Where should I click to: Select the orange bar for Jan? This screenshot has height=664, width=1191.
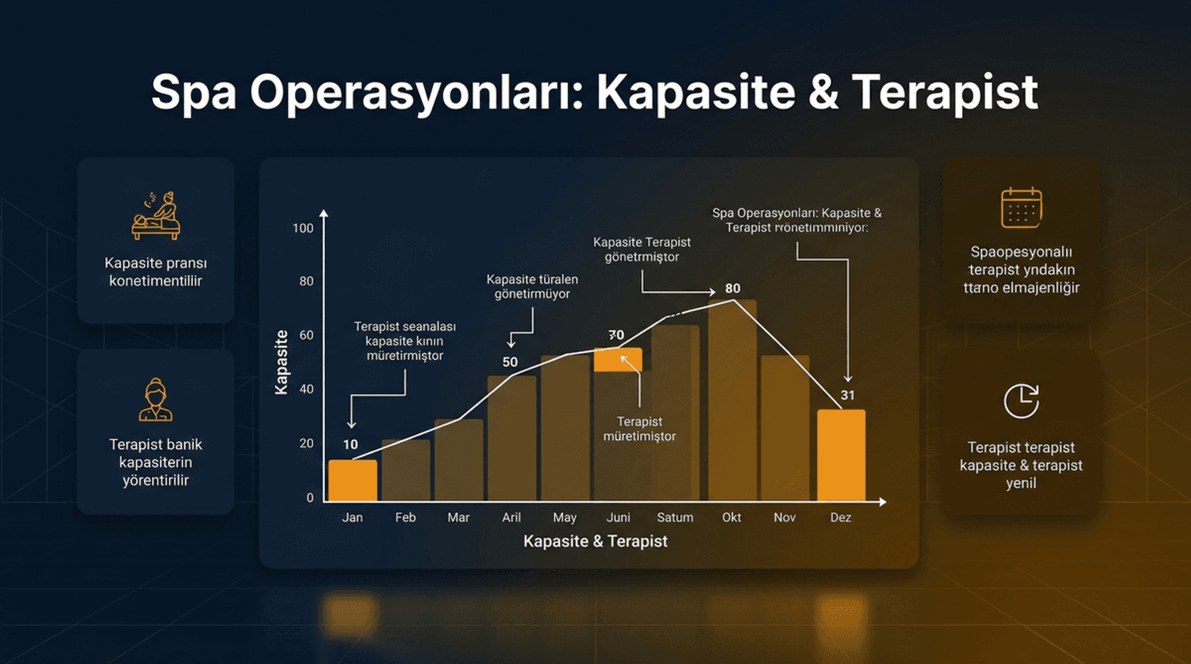352,480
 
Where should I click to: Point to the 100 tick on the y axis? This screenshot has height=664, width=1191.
303,228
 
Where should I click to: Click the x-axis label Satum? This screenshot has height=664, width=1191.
675,518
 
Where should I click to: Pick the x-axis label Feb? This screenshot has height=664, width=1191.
405,518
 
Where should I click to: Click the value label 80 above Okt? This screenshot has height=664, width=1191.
733,289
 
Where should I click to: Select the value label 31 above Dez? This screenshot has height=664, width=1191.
847,395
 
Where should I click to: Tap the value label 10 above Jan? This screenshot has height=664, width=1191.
350,444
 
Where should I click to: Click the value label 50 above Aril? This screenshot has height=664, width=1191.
510,362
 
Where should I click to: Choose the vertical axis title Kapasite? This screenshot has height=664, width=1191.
282,362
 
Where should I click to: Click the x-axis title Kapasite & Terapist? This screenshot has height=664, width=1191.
595,541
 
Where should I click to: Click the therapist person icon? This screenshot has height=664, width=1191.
156,400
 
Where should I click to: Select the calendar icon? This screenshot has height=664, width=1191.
1021,208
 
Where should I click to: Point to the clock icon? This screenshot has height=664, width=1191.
1021,402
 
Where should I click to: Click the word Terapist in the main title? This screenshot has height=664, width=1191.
944,93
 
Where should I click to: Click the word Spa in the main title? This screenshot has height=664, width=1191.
194,93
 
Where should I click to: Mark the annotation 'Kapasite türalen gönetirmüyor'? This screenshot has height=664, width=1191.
532,287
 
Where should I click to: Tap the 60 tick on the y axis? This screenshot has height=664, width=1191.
306,335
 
